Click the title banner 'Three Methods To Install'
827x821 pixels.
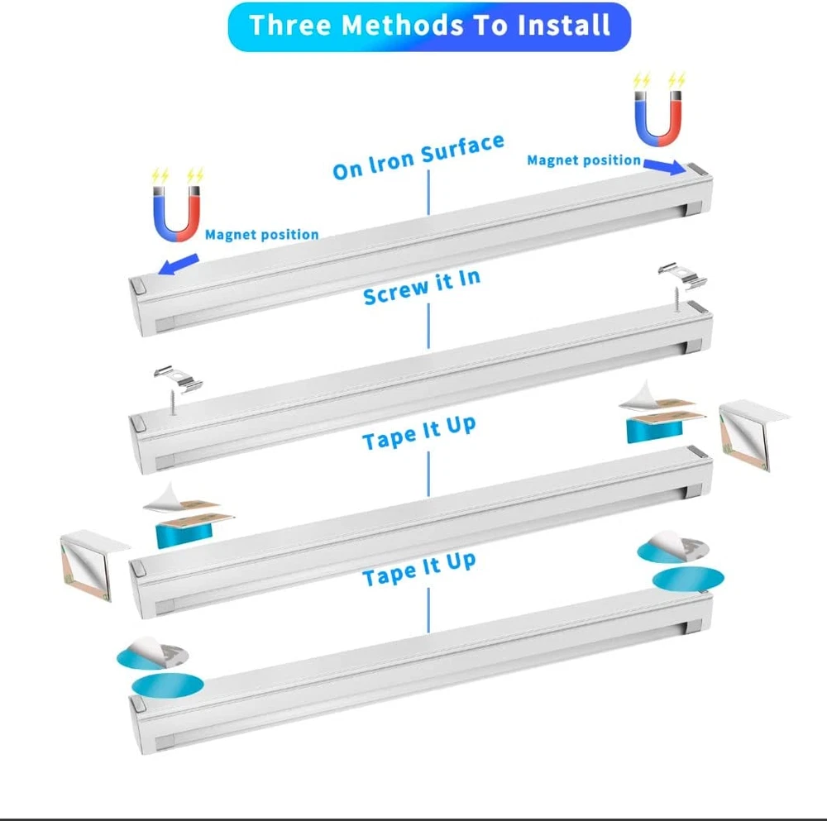tap(429, 26)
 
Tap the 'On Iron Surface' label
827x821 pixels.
tap(418, 155)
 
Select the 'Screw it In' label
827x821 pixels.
tap(422, 286)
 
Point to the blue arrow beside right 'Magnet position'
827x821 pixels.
tap(665, 166)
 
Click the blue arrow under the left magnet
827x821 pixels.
tap(179, 264)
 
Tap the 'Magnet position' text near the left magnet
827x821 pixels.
tap(261, 234)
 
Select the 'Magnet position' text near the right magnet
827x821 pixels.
tap(584, 160)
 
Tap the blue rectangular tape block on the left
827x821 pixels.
tap(184, 536)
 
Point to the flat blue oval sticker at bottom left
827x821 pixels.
tap(167, 685)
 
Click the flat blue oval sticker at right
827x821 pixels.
tap(688, 579)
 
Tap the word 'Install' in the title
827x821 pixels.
tap(564, 26)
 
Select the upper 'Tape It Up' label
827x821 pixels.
tap(419, 433)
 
